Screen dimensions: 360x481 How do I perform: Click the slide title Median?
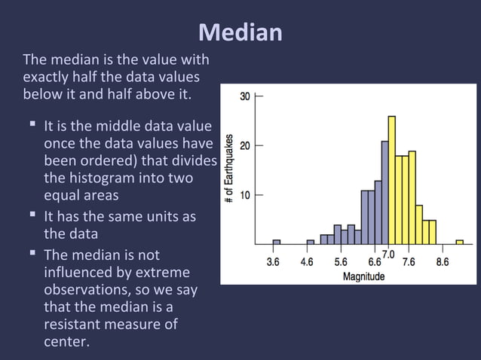tap(240, 32)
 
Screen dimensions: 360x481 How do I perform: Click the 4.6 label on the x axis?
tap(308, 262)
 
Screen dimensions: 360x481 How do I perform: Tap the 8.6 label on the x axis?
tap(443, 262)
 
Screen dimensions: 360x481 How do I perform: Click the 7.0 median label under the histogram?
tap(388, 255)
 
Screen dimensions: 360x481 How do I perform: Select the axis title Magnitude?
tap(363, 276)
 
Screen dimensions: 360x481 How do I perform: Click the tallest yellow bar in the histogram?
tap(391, 181)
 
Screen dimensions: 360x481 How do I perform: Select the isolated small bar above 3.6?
tap(276, 242)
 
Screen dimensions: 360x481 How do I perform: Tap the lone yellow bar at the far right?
tap(459, 242)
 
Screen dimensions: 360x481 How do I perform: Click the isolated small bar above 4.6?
tap(310, 242)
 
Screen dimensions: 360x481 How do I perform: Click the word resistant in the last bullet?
tap(74, 325)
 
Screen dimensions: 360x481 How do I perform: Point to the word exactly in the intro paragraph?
tap(47, 78)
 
